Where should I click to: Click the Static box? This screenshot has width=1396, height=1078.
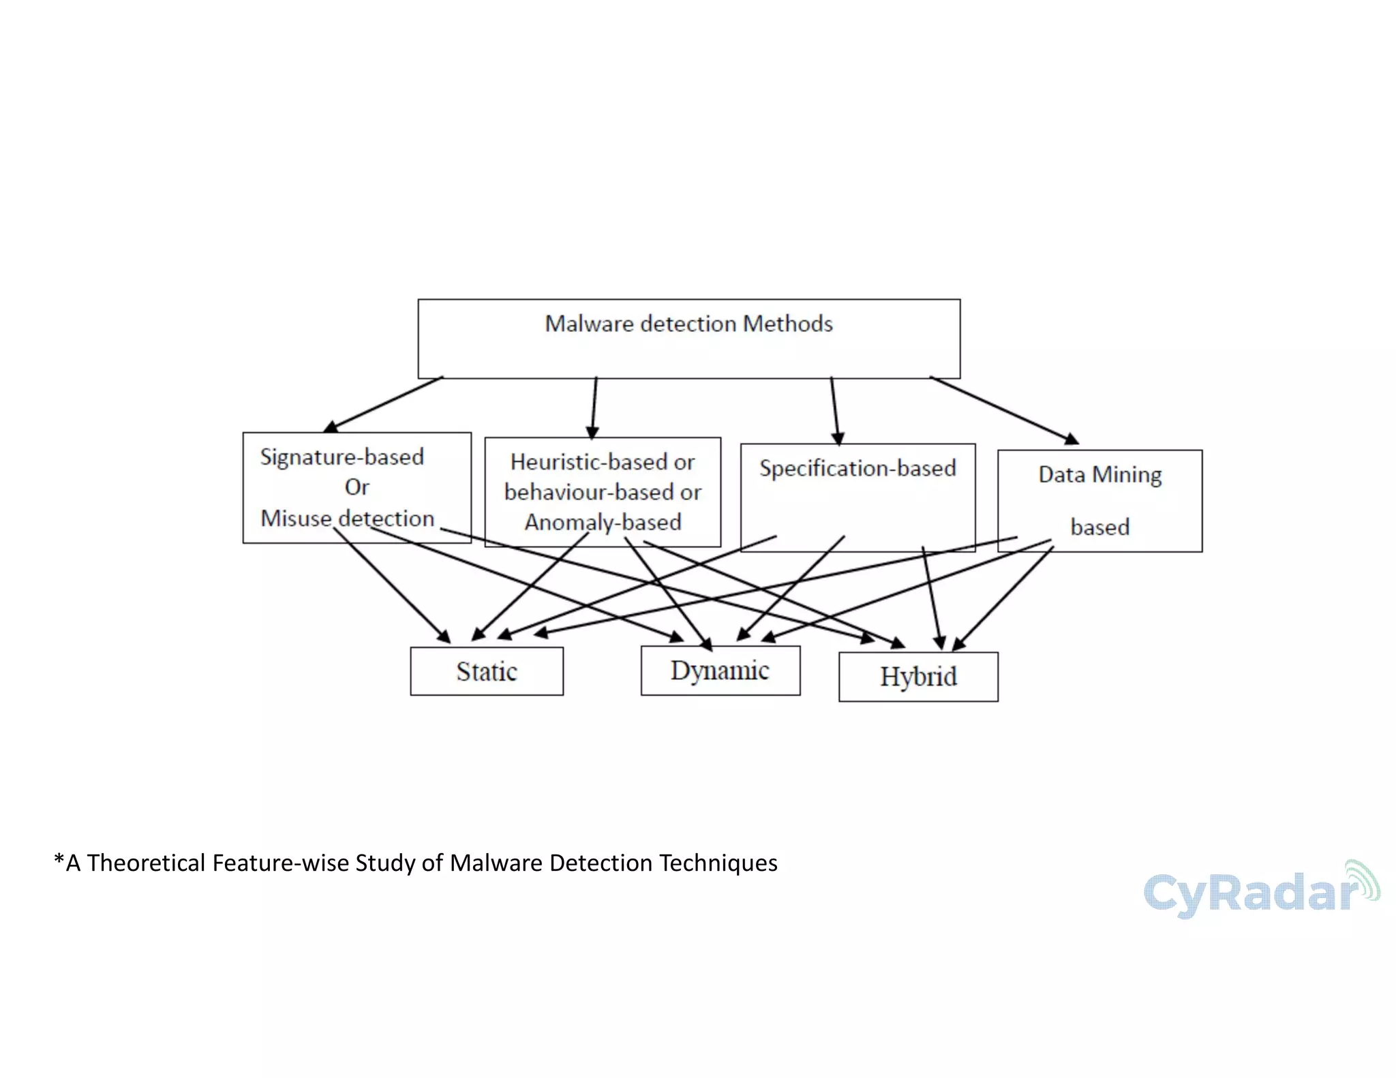click(486, 671)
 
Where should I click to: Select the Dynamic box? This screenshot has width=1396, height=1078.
click(720, 671)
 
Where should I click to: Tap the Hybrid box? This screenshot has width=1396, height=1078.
click(917, 677)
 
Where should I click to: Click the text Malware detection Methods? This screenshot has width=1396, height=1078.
click(688, 324)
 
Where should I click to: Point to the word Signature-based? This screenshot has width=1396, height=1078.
click(342, 457)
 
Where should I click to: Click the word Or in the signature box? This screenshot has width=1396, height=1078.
click(356, 487)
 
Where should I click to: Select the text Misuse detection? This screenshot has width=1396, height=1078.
click(347, 519)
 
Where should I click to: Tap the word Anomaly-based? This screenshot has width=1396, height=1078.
click(603, 522)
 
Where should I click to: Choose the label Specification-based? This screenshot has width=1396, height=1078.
click(858, 468)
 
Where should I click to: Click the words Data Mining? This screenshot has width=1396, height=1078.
click(1099, 474)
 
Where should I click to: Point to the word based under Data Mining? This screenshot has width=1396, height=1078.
click(1099, 527)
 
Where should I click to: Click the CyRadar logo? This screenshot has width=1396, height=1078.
click(1251, 893)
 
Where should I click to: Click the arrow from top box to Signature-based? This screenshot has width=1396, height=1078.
click(384, 404)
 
